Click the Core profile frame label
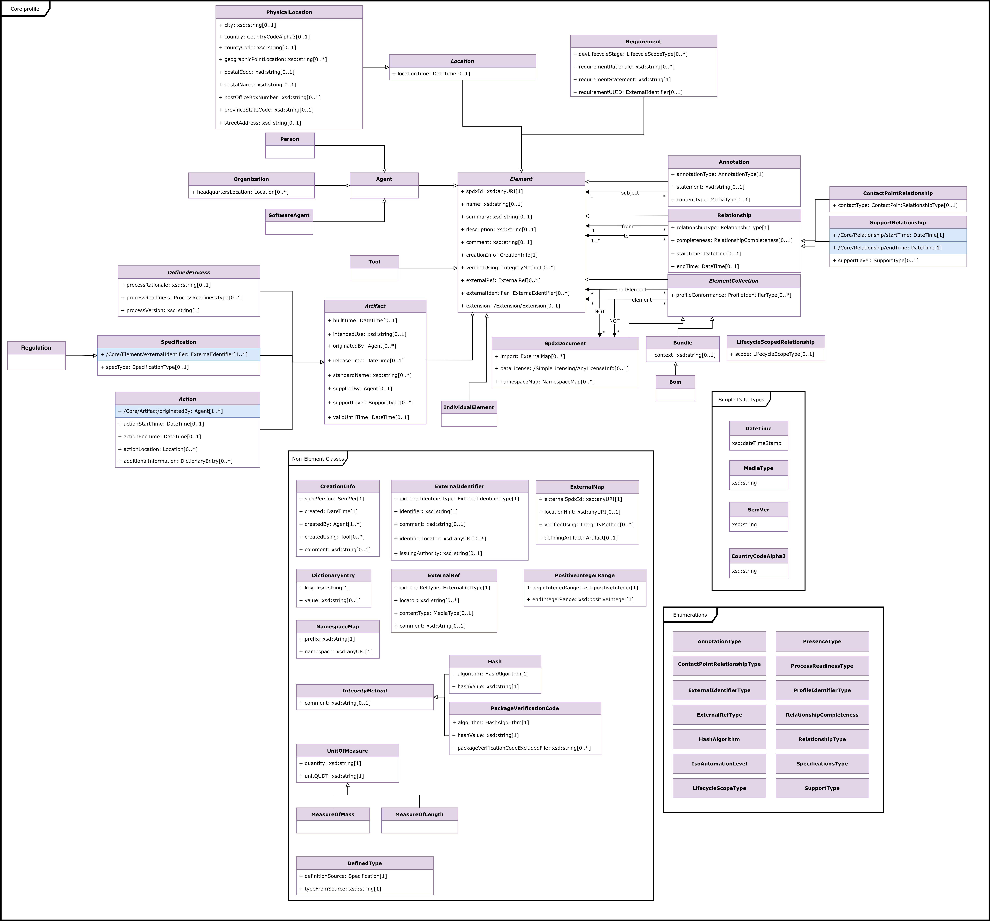25,9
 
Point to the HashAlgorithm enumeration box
719,739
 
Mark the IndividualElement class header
469,407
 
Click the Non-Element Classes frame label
318,459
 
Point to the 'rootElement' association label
631,290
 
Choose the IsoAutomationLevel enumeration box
719,764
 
